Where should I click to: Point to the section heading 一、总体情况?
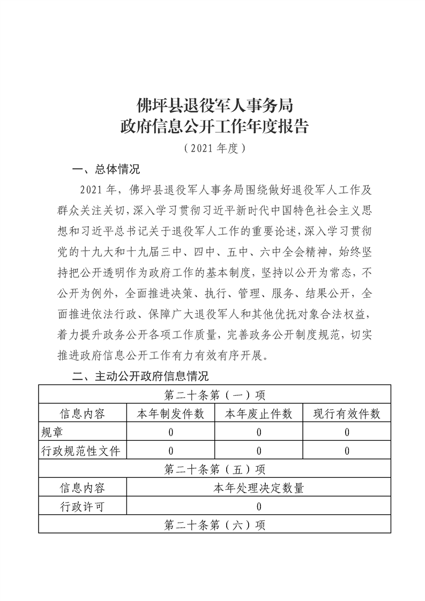tap(106, 170)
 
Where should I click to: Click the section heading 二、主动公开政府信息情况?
tap(140, 376)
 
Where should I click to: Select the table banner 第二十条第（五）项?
tap(214, 469)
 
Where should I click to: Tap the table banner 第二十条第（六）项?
tap(214, 525)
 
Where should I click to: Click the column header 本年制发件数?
tap(170, 414)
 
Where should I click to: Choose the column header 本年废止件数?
tap(258, 414)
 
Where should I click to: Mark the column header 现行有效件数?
tap(347, 414)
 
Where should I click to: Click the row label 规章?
tap(53, 432)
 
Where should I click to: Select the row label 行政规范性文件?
tap(81, 451)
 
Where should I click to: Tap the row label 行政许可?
tap(82, 507)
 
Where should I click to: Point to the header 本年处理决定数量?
tap(259, 488)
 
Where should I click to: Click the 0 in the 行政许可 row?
tap(259, 507)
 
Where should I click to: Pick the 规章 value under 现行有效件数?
tap(347, 432)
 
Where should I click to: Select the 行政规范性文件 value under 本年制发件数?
tap(170, 451)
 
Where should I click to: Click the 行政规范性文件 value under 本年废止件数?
tap(258, 451)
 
